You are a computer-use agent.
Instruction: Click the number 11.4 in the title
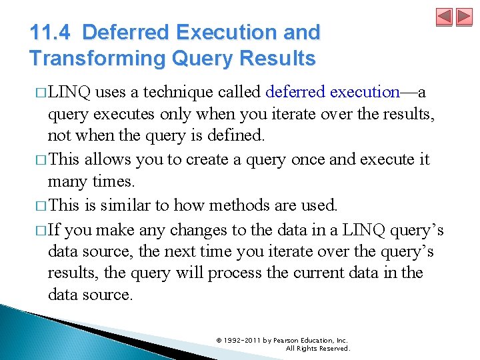pyautogui.click(x=51, y=32)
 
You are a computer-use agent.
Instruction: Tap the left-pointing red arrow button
pyautogui.click(x=445, y=17)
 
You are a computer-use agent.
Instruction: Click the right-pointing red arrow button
pyautogui.click(x=463, y=17)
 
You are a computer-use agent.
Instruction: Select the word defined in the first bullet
pyautogui.click(x=235, y=136)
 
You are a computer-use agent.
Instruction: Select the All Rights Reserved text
pyautogui.click(x=317, y=348)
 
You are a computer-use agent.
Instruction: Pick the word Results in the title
pyautogui.click(x=277, y=59)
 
